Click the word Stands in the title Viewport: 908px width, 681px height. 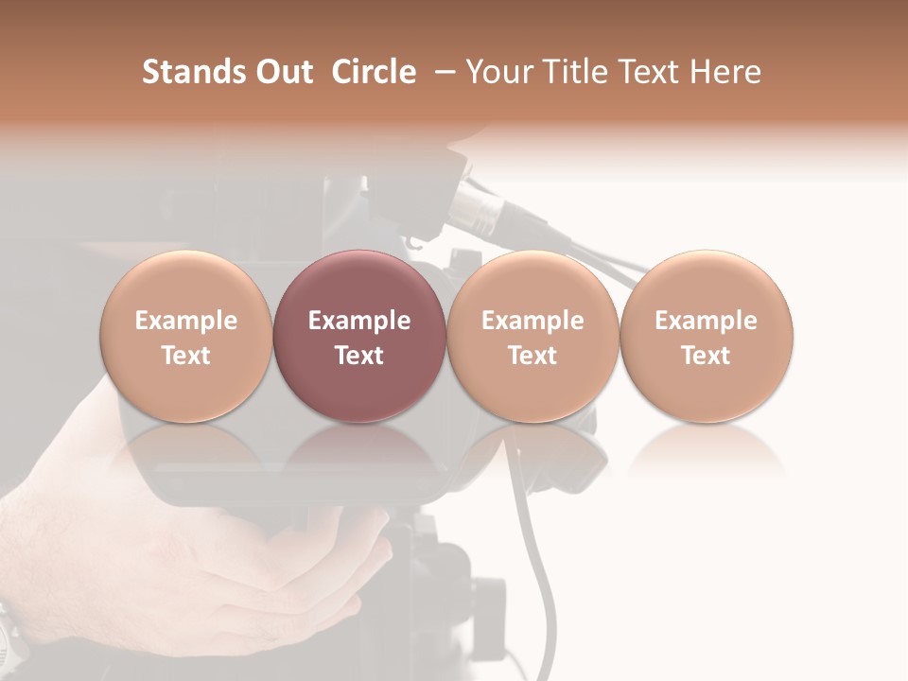pyautogui.click(x=194, y=72)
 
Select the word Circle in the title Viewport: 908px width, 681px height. pyautogui.click(x=374, y=72)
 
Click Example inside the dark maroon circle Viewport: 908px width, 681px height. pyautogui.click(x=358, y=321)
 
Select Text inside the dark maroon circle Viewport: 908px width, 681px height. pyautogui.click(x=358, y=356)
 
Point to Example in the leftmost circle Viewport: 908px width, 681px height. pyautogui.click(x=185, y=321)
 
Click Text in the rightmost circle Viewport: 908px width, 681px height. pyautogui.click(x=706, y=356)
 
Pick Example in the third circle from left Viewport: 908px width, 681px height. pyautogui.click(x=533, y=321)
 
